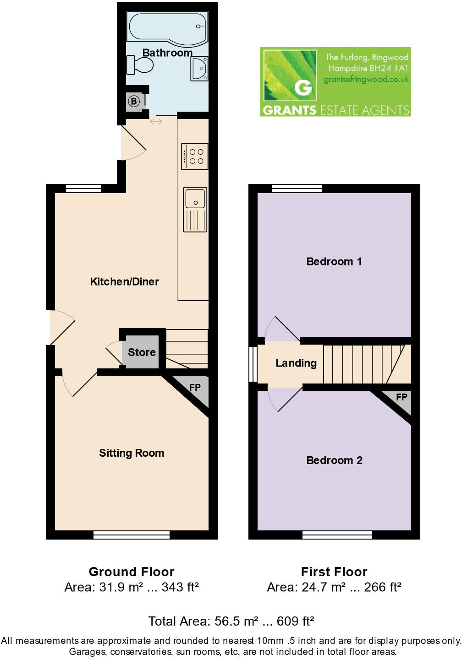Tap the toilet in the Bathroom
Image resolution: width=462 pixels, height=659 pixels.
[x=140, y=65]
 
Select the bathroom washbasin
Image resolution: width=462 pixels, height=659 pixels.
[x=200, y=69]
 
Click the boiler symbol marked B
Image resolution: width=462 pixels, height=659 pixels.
[x=134, y=101]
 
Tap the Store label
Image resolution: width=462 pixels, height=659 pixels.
[x=142, y=352]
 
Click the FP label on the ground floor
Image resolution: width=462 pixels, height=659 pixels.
[x=195, y=388]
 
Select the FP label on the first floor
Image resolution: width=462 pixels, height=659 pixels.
[x=401, y=397]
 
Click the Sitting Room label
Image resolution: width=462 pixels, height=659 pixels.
[x=132, y=453]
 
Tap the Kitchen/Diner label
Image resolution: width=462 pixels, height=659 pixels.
[x=125, y=281]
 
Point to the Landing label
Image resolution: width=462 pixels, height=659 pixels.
[x=296, y=363]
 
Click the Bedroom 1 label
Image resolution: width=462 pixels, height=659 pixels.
[x=334, y=261]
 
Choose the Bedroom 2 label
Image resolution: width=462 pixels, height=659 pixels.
[x=334, y=460]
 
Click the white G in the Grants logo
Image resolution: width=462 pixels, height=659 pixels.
[x=303, y=86]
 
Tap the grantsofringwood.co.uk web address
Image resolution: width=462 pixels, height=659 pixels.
[x=366, y=79]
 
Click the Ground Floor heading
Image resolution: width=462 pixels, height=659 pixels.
[x=132, y=572]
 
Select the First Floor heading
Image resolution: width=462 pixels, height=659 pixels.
[x=334, y=572]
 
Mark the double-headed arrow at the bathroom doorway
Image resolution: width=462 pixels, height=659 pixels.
[x=156, y=122]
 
